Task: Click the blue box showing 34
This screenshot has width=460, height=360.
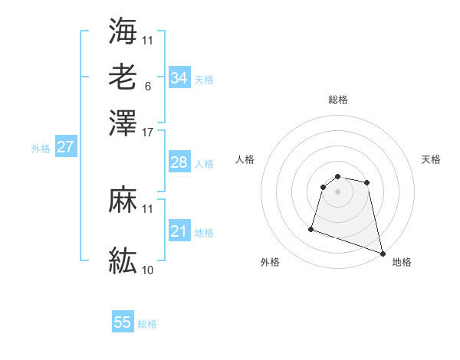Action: click(179, 77)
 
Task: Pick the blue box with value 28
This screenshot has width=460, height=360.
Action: click(179, 162)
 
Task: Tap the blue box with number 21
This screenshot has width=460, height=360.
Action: click(179, 231)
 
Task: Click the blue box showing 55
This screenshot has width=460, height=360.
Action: click(123, 322)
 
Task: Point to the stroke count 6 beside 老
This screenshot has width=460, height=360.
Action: click(147, 86)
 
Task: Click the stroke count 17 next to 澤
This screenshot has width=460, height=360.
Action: click(148, 132)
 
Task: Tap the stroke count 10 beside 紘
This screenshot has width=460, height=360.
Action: click(148, 270)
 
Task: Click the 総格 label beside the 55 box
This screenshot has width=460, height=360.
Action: click(147, 324)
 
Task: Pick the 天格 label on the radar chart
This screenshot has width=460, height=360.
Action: click(431, 159)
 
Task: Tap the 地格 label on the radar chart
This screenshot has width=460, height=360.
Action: click(402, 262)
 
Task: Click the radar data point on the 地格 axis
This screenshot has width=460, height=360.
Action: click(382, 252)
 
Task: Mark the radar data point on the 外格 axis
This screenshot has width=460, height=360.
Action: click(311, 228)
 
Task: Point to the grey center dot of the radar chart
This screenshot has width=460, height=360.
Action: click(337, 191)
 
